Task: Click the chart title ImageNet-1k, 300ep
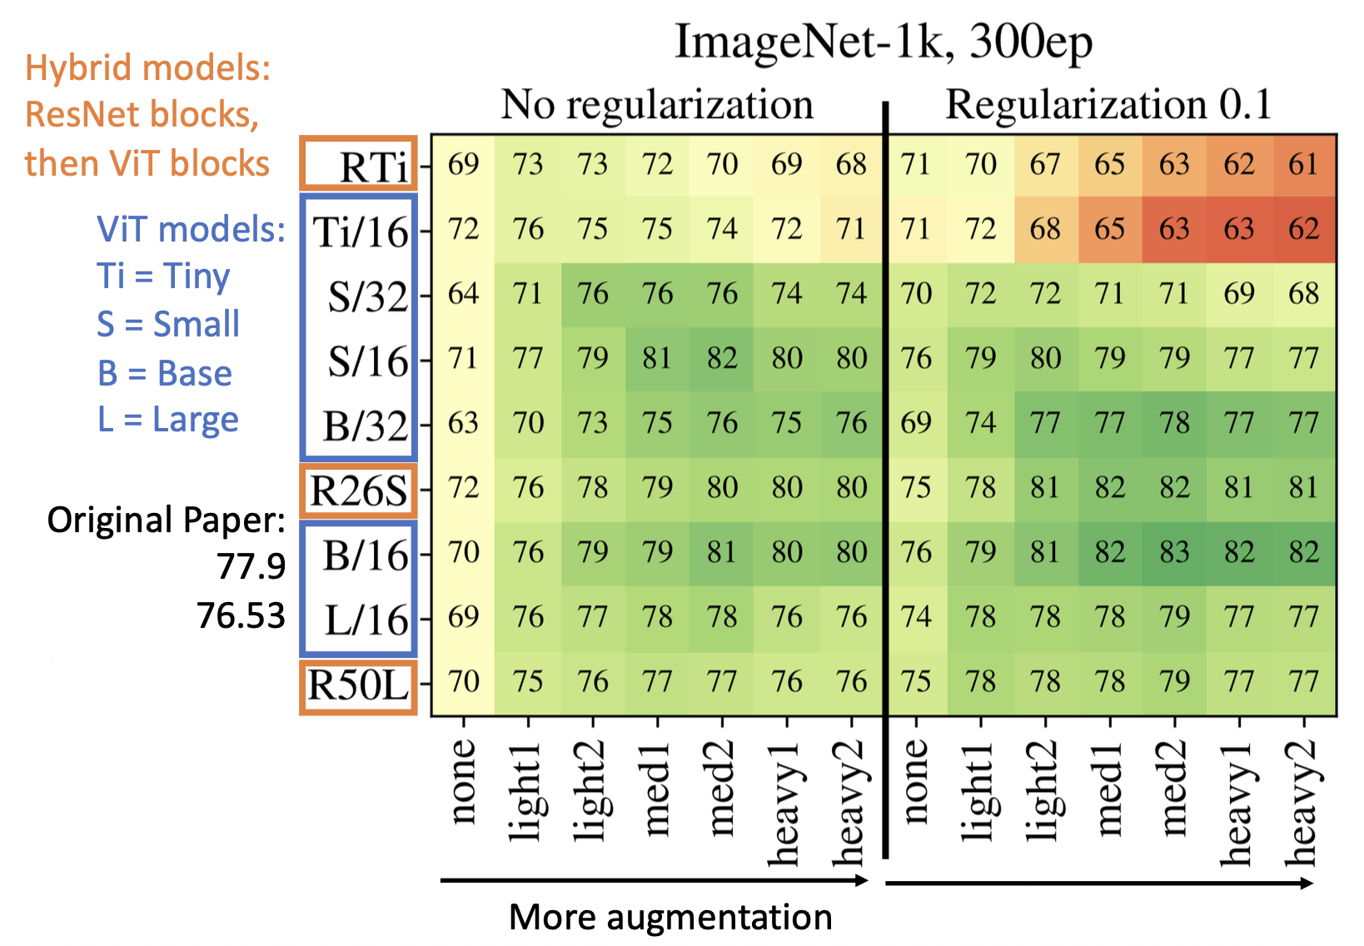point(883,42)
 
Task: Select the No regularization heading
point(657,105)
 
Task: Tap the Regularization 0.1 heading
point(1108,105)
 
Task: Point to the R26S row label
point(359,490)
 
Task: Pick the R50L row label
point(359,685)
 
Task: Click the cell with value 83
point(1174,552)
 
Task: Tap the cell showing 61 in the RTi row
point(1303,165)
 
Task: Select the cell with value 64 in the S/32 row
point(463,294)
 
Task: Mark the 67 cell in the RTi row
point(1044,165)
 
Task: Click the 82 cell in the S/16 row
point(722,359)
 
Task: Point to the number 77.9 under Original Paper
point(251,566)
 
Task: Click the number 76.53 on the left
point(241,615)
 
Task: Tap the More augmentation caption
point(670,917)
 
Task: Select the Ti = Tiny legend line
point(163,276)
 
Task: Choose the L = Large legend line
point(168,420)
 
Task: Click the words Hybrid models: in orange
point(148,67)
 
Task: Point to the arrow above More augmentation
point(654,880)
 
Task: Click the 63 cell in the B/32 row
point(463,423)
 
